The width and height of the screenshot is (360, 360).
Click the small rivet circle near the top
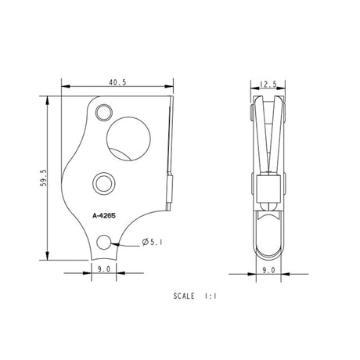pos(103,113)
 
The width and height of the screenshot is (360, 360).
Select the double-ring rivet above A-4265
pos(103,182)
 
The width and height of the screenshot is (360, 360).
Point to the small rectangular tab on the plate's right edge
pos(169,191)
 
